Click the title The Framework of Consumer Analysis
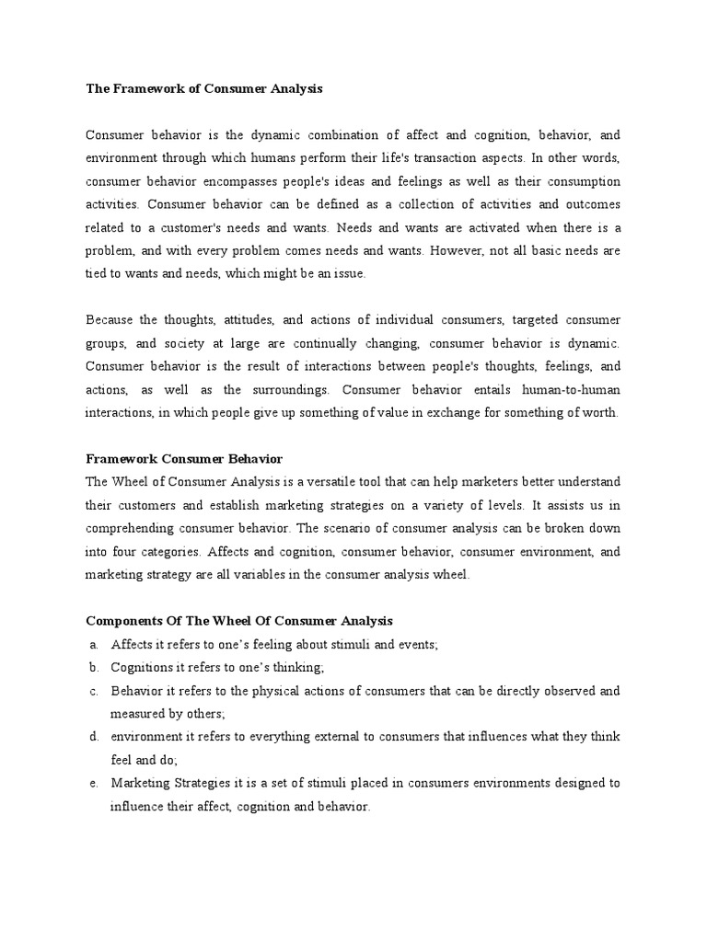pos(204,89)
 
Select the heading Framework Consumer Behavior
pos(183,458)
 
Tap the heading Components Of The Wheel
pos(238,621)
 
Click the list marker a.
pos(94,645)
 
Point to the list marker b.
pos(94,668)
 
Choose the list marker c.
pos(94,691)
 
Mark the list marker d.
pos(94,738)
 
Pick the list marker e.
pos(94,784)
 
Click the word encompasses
pos(253,181)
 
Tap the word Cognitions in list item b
pos(142,668)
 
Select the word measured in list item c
pos(141,714)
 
